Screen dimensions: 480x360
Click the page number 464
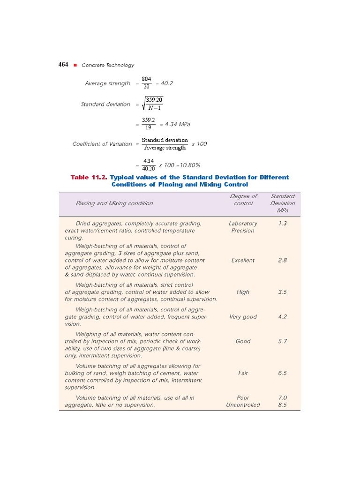[64, 65]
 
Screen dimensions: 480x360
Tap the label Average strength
[107, 83]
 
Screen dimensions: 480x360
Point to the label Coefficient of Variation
[102, 144]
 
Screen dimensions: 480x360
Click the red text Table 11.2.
[89, 177]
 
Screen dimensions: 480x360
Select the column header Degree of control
[243, 200]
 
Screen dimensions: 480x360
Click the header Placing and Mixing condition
[114, 203]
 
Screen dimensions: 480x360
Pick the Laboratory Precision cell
[243, 227]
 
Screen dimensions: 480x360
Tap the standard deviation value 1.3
[282, 224]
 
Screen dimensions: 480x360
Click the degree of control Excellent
[243, 260]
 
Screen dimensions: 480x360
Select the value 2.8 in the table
[282, 260]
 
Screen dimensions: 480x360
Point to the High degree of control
[243, 292]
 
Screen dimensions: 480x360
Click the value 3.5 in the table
[282, 292]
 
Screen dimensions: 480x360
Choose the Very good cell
[243, 317]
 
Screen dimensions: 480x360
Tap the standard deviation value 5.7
[282, 341]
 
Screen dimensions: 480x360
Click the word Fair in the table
[243, 373]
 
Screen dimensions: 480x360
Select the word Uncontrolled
[243, 405]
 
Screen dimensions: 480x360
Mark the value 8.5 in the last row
[282, 405]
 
